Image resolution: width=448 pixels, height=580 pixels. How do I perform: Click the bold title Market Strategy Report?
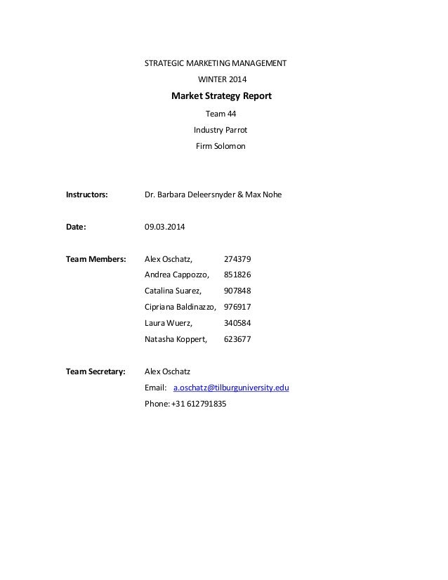(x=221, y=96)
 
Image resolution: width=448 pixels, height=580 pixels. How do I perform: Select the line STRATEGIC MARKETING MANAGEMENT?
(x=215, y=63)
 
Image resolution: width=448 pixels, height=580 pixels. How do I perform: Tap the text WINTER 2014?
(x=221, y=79)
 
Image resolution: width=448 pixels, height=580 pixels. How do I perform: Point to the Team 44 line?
(x=221, y=114)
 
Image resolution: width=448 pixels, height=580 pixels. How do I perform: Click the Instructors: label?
(x=87, y=194)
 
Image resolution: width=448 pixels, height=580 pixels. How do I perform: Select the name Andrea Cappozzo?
(x=176, y=275)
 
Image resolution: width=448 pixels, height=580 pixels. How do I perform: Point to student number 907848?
(x=237, y=291)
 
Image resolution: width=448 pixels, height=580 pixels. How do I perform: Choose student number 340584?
(x=237, y=323)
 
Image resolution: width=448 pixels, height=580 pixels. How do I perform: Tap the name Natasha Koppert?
(x=175, y=339)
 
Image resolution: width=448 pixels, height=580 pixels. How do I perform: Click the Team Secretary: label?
(x=95, y=371)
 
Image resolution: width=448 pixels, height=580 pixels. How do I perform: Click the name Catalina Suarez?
(x=173, y=291)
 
